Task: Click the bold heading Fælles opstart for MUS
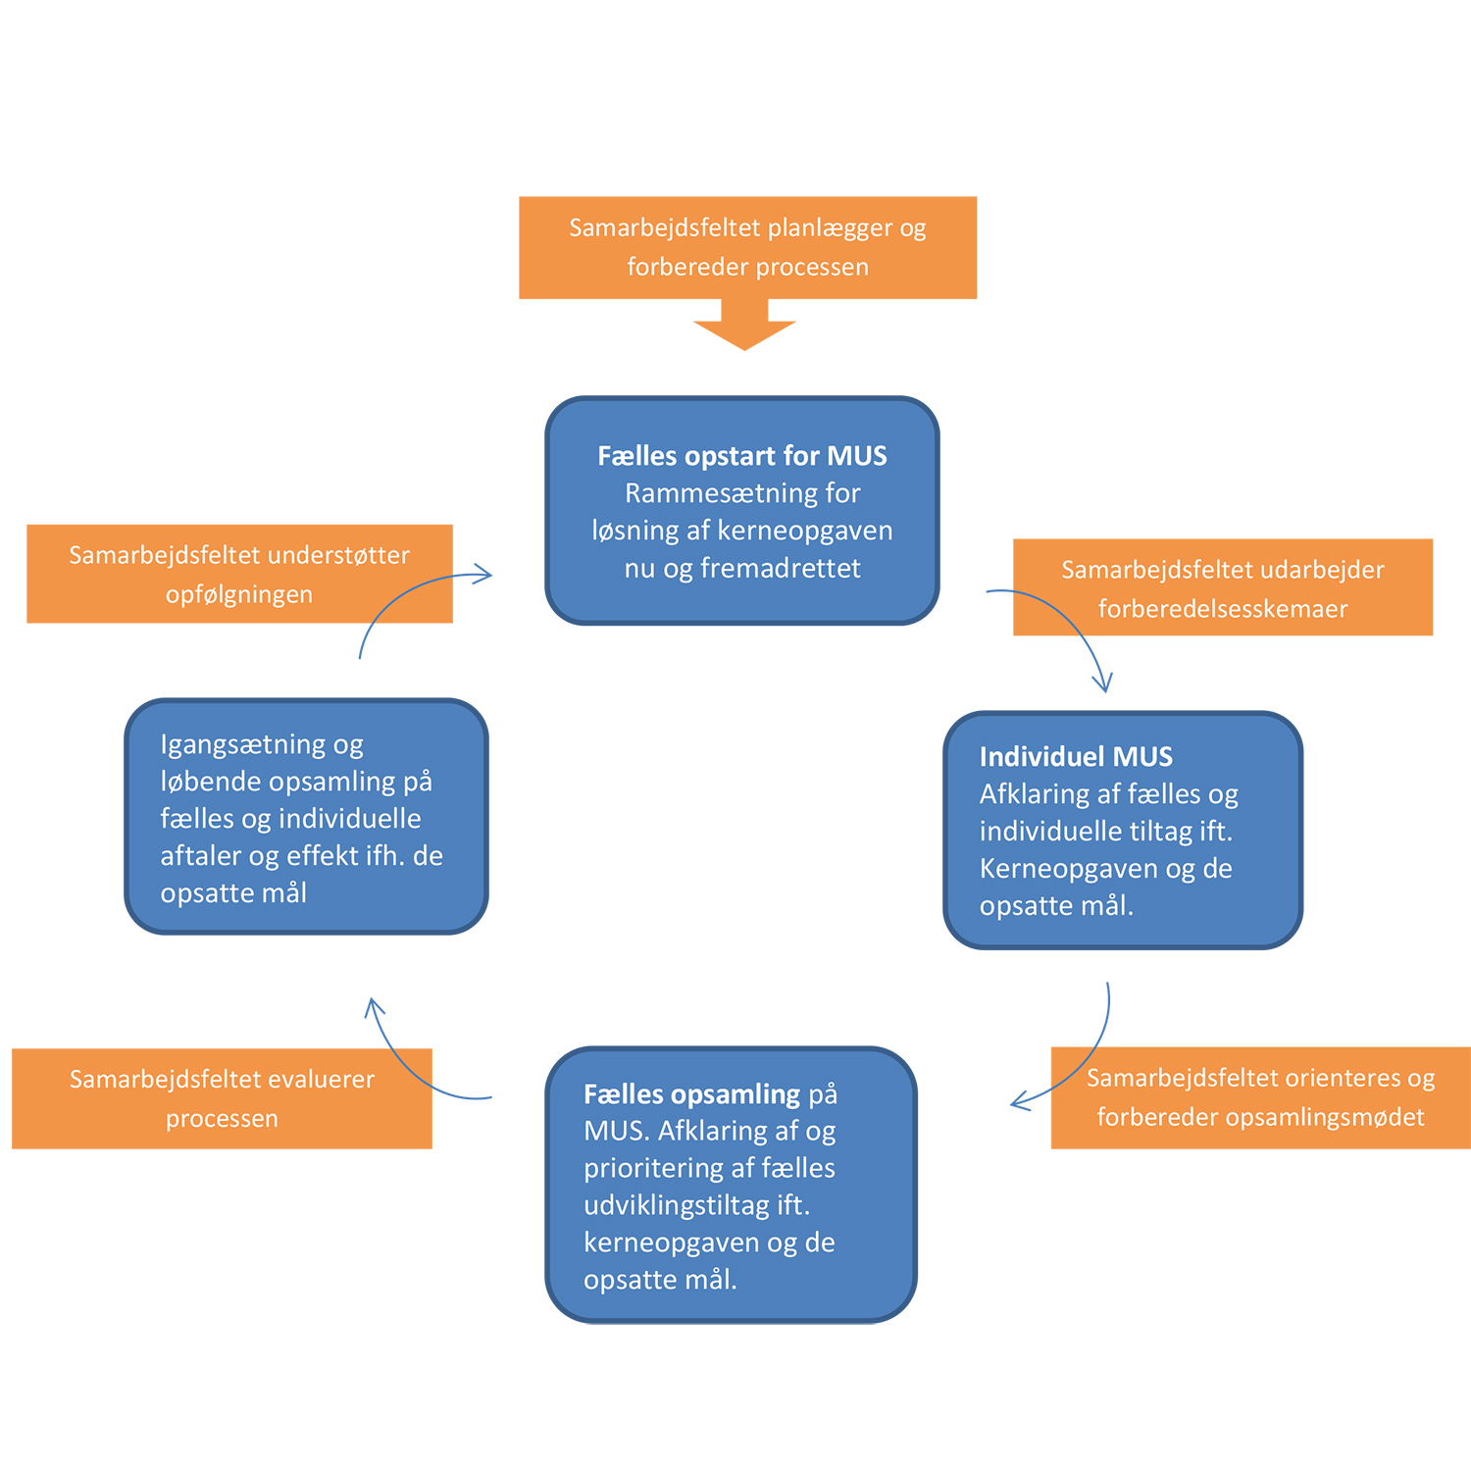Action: [742, 456]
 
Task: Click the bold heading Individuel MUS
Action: [1076, 757]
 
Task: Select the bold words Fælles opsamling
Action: [692, 1094]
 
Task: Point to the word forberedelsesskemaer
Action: [1222, 609]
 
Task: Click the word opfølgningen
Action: [238, 594]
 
